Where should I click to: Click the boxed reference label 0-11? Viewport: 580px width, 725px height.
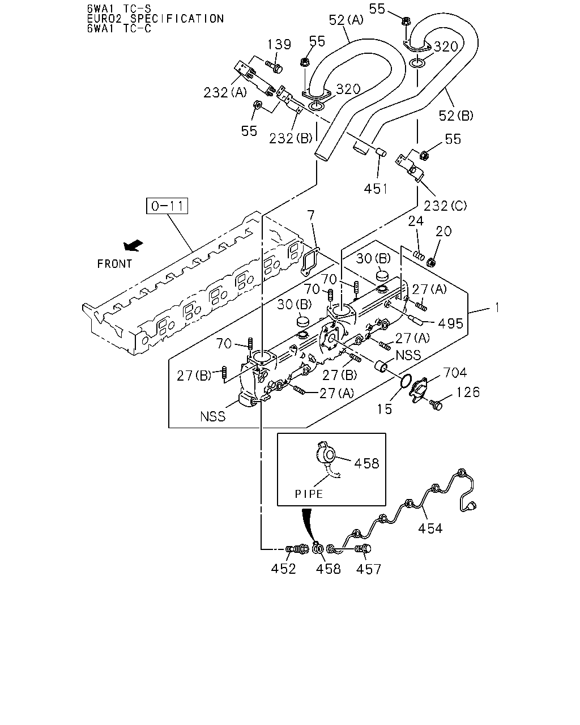coord(167,206)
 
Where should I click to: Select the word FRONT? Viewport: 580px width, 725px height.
coord(114,264)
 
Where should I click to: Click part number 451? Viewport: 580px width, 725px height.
coord(376,189)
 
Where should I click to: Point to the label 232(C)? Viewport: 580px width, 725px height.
coord(445,206)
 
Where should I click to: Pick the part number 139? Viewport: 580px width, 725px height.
coord(279,44)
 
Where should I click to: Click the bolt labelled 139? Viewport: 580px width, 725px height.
coord(274,67)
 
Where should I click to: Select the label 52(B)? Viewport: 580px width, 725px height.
coord(455,116)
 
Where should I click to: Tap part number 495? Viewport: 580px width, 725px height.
coord(451,324)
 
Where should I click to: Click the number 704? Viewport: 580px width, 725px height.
coord(455,373)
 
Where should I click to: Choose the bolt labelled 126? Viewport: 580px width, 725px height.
coord(436,404)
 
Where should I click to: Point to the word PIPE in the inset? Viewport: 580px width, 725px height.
coord(309,494)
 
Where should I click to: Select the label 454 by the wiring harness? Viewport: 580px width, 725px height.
coord(430,528)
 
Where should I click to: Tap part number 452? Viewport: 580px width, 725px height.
coord(283,569)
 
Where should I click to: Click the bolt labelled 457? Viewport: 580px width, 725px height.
coord(362,549)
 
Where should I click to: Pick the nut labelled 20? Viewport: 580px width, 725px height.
coord(430,262)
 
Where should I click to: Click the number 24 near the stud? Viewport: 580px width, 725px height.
coord(416,221)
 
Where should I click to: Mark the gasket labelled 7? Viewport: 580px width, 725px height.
coord(310,262)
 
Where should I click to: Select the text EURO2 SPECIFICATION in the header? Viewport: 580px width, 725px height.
coord(155,19)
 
